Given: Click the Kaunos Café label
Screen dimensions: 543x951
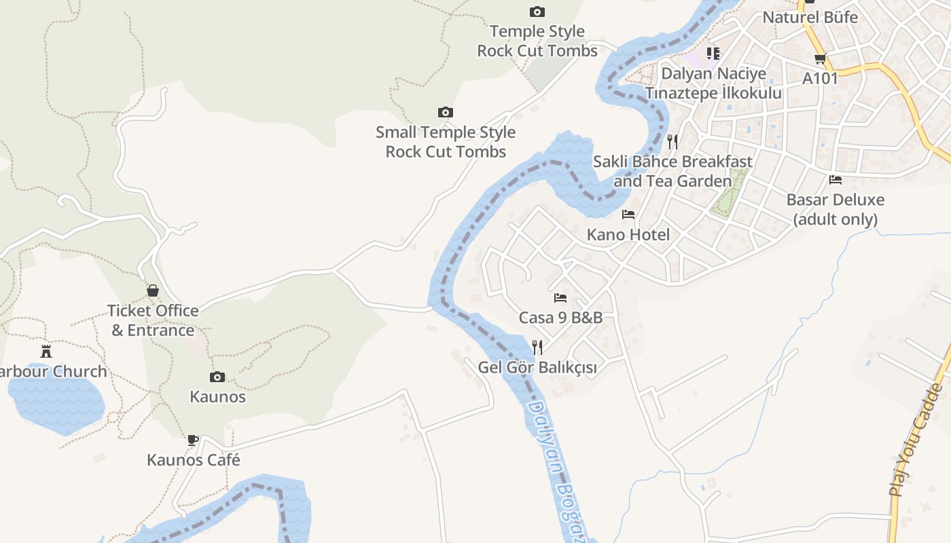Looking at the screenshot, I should [x=194, y=460].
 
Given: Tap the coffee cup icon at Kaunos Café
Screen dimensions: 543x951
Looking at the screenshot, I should [x=193, y=440].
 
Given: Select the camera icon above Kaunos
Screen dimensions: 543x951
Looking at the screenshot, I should [x=217, y=377].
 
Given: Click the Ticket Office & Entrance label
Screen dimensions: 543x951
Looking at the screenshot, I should [x=154, y=320].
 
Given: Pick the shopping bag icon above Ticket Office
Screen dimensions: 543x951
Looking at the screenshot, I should [x=154, y=291].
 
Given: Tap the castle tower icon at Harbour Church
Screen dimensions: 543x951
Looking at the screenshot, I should [x=46, y=351].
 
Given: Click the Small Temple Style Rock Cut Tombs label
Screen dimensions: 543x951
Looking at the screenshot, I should [x=446, y=142].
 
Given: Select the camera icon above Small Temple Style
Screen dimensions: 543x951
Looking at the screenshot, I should [x=445, y=112].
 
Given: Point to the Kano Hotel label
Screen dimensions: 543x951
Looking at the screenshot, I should [x=628, y=235].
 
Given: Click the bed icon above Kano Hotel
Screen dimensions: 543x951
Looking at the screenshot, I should [x=628, y=214].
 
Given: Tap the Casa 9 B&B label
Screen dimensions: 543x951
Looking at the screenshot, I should [x=560, y=318].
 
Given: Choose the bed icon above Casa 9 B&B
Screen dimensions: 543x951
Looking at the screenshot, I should [x=560, y=297].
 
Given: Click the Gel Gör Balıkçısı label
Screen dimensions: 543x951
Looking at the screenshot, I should [x=537, y=368].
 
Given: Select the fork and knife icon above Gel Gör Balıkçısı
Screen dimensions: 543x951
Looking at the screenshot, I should [x=537, y=348].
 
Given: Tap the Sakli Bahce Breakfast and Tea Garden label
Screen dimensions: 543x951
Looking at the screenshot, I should [x=673, y=171].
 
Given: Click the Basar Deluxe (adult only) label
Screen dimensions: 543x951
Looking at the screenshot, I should [x=836, y=209].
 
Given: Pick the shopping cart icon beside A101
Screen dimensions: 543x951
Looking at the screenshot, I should [x=820, y=59].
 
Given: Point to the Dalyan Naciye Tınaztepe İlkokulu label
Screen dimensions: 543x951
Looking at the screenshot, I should [x=713, y=83].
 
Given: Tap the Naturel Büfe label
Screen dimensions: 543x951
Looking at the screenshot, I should [x=810, y=17].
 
